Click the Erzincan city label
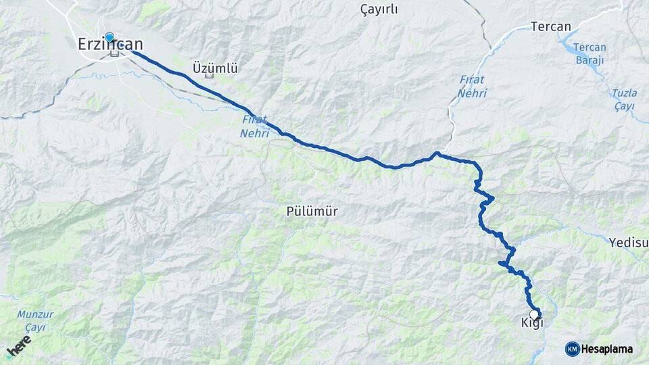(x=110, y=44)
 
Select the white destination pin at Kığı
(x=534, y=314)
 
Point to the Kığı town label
(x=532, y=323)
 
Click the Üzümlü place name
(x=215, y=68)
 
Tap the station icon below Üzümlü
(x=208, y=76)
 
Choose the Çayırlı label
(x=379, y=9)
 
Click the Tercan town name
(x=551, y=27)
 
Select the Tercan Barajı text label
(x=590, y=53)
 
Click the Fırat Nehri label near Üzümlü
(x=255, y=126)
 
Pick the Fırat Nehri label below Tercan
(x=472, y=87)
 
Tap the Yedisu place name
(x=628, y=242)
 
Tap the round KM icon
(x=572, y=349)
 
